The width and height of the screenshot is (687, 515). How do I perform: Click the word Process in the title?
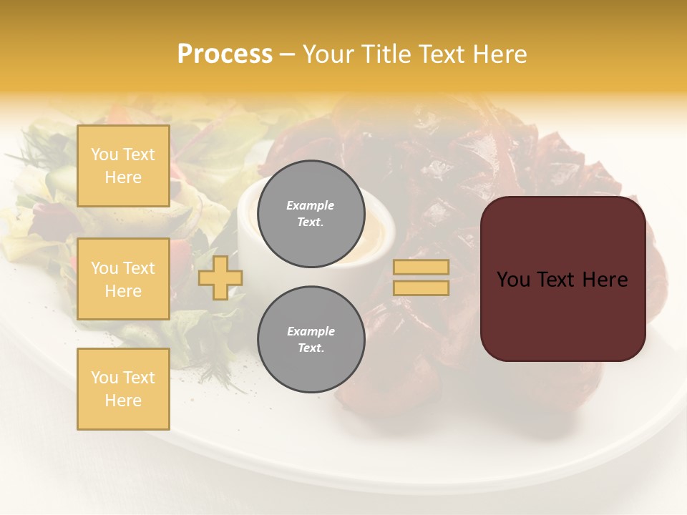225,54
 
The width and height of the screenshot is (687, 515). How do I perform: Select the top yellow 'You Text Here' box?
123,166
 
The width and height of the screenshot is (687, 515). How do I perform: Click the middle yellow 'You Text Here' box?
123,279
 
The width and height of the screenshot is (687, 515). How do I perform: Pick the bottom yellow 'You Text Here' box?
123,389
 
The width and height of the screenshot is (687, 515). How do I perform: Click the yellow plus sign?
220,278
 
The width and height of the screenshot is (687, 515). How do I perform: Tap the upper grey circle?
311,214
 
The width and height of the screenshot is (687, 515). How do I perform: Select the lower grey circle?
311,340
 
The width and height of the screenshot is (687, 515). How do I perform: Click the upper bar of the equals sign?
421,267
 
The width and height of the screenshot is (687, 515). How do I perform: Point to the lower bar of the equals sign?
421,288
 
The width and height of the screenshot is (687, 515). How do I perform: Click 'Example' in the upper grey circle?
311,205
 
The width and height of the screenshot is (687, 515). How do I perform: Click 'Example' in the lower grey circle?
311,331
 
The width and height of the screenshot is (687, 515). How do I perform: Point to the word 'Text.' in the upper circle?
311,222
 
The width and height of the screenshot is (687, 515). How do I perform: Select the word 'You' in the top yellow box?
104,154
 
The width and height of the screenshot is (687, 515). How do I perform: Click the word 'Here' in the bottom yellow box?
123,401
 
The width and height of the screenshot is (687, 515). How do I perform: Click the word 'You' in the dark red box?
513,280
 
